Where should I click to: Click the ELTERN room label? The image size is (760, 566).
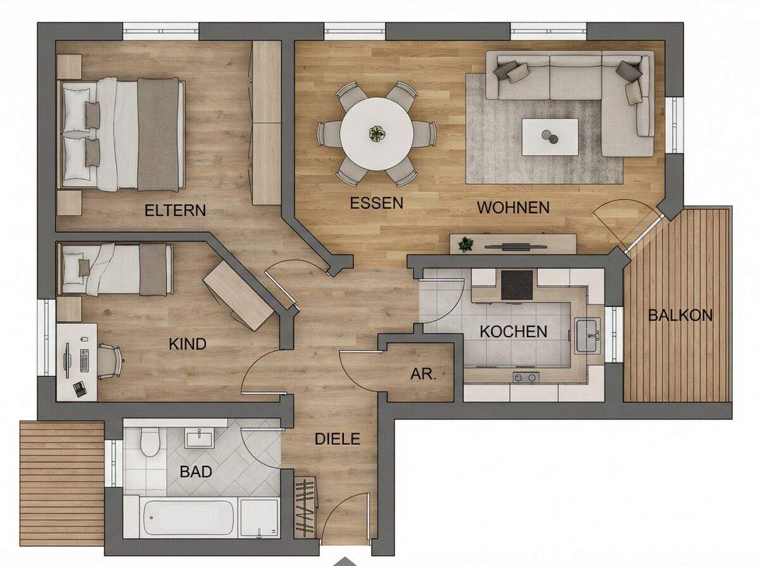pos(175,210)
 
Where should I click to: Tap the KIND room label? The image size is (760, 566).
pos(187,344)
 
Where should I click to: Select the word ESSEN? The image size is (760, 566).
pos(377,203)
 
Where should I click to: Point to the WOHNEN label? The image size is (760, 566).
pos(513,207)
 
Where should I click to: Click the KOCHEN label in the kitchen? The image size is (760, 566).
pos(513,331)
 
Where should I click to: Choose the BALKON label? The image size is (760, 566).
pos(680,315)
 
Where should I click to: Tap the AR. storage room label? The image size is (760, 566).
pos(423,374)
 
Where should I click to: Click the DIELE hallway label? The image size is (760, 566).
pos(338,439)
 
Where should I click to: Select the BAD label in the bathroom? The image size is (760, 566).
pos(196,472)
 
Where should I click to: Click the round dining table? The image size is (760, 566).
pos(377,134)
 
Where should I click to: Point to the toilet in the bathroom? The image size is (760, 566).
pos(150,442)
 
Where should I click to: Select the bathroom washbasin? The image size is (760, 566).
pos(200,437)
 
